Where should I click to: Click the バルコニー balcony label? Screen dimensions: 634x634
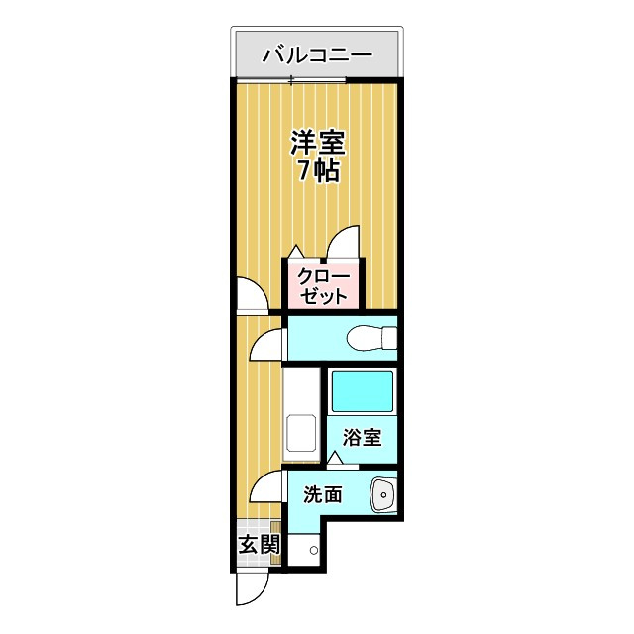[x=316, y=54]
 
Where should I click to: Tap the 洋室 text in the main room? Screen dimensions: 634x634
[x=317, y=142]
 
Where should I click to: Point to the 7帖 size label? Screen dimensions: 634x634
[x=319, y=170]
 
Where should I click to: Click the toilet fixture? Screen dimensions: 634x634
[x=369, y=338]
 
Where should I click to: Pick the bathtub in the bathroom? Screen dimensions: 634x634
[x=361, y=393]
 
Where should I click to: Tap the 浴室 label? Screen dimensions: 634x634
[x=362, y=437]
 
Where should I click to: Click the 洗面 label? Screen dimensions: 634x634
[x=323, y=494]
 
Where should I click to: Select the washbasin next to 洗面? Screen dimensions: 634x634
[x=381, y=493]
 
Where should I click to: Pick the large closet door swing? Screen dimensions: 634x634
[x=346, y=243]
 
